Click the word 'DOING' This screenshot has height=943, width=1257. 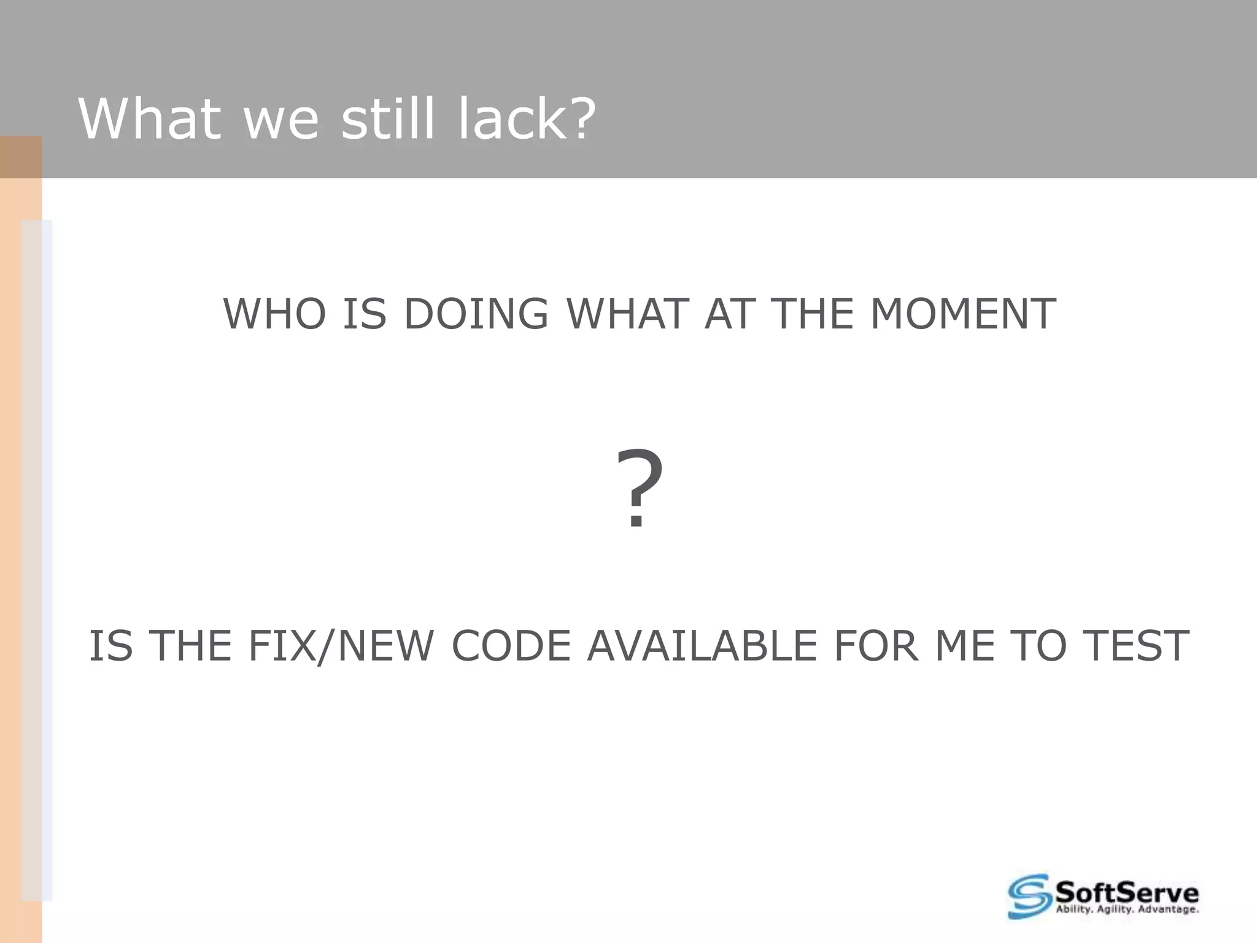tap(476, 314)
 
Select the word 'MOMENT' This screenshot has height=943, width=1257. tap(963, 314)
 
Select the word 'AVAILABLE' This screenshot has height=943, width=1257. tap(702, 646)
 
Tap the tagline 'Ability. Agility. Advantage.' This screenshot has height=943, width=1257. tap(1126, 910)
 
